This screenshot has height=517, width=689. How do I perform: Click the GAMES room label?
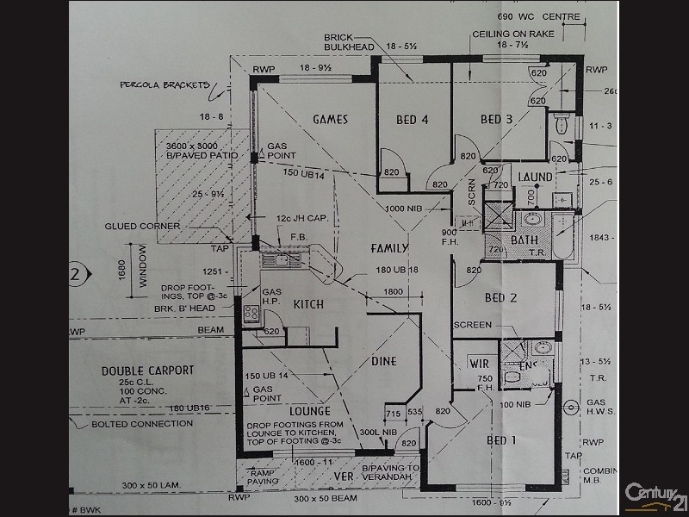pos(331,120)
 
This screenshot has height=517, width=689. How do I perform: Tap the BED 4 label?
pos(412,120)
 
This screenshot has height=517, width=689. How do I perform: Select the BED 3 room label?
pos(497,119)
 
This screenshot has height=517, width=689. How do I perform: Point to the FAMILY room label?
pos(389,248)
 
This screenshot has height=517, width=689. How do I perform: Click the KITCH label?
pos(307,305)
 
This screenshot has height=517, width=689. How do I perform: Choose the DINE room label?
pos(383,362)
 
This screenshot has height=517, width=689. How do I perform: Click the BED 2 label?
pos(500,298)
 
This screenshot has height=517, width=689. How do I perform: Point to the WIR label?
pos(478,364)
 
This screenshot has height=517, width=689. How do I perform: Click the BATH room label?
pos(525,240)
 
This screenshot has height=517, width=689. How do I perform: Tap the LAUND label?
pos(536,177)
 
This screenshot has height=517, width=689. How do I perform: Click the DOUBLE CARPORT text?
pos(147,371)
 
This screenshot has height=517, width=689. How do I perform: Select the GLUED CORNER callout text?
pos(143,226)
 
